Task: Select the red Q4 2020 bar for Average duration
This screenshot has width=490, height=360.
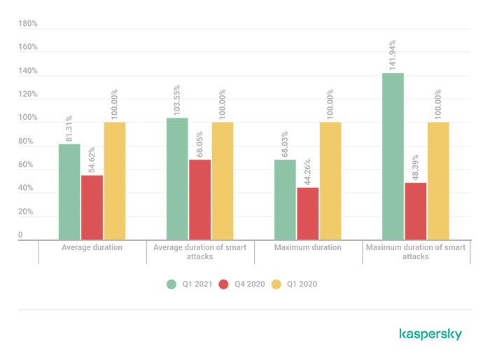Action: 92,208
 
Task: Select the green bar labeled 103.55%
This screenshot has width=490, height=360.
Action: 177,179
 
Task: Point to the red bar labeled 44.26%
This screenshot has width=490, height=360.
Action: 307,214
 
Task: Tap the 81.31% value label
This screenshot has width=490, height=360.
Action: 69,129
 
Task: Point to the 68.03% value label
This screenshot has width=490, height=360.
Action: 285,144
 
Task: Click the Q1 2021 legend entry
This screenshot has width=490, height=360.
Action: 189,284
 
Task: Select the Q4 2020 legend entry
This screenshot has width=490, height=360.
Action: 241,284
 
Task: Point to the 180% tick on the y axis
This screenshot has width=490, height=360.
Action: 28,24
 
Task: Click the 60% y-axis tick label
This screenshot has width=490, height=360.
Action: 26,165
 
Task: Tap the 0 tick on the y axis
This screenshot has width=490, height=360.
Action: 21,235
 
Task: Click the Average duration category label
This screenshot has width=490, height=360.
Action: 92,247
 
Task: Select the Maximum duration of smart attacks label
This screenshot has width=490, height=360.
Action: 416,251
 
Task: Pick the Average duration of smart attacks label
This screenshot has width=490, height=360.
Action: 199,251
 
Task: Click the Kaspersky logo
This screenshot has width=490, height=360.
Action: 430,334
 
